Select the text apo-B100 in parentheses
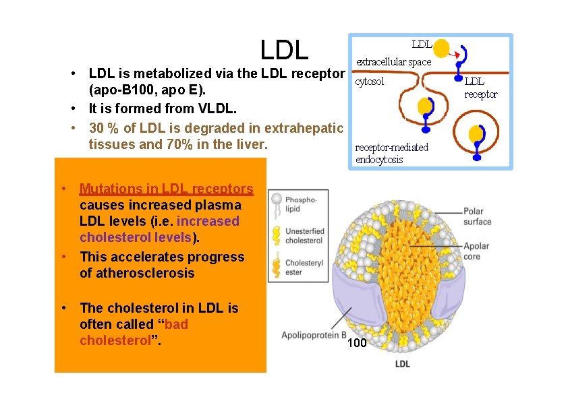pos(119,90)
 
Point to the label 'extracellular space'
pos(393,62)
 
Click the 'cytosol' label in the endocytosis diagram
pos(370,82)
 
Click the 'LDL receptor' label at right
pos(480,88)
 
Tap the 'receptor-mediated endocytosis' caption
pos(392,154)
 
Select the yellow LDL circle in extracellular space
pos(441,49)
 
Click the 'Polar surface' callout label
pos(477,216)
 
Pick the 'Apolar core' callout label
pos(476,251)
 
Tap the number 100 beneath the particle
pos(357,344)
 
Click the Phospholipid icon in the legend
pos(275,203)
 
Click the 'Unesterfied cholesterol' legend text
pos(304,236)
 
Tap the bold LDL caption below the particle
pos(402,365)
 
